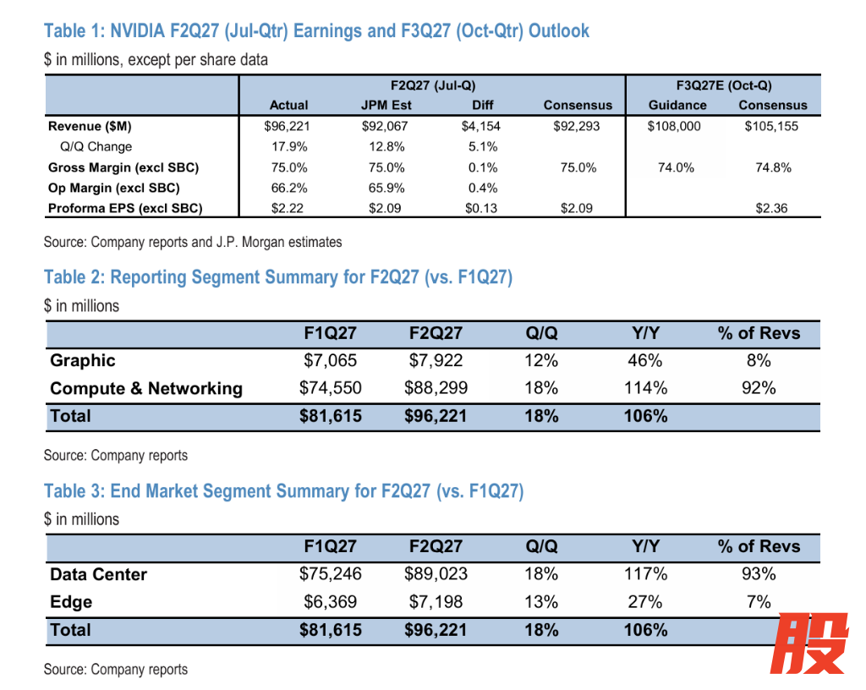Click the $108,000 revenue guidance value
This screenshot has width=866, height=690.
[x=674, y=126]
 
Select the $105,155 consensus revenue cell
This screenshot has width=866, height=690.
[x=771, y=126]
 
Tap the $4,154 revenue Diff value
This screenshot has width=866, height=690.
[x=481, y=126]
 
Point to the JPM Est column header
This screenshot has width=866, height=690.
[x=386, y=105]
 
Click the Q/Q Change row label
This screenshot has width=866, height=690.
[x=96, y=147]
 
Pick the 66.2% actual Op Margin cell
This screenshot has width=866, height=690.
[x=289, y=189]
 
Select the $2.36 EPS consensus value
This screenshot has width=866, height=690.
[x=771, y=209]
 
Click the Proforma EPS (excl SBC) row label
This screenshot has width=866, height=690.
[x=125, y=209]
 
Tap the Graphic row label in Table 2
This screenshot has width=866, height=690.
[x=83, y=360]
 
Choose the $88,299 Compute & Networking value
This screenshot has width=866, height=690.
[x=436, y=388]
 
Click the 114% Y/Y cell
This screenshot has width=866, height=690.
[x=645, y=388]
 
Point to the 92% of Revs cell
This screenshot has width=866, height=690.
[x=759, y=388]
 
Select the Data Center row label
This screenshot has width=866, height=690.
[x=98, y=575]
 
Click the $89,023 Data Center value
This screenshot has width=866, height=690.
[x=436, y=574]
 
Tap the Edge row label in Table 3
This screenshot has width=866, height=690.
[x=71, y=602]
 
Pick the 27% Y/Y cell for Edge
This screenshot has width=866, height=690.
[x=645, y=602]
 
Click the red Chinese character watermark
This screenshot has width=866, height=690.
[x=809, y=643]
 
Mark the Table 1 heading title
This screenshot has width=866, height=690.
[x=316, y=31]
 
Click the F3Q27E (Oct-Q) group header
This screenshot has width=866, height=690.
[x=724, y=85]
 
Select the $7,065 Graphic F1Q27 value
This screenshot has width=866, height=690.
[x=331, y=360]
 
